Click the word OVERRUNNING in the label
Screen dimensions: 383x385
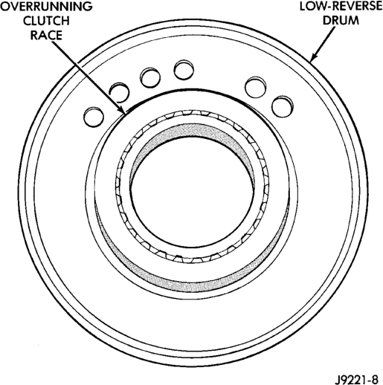pyautogui.click(x=46, y=7)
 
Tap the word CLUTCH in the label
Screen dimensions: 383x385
pyautogui.click(x=46, y=21)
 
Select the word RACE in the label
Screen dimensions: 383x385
pyautogui.click(x=46, y=35)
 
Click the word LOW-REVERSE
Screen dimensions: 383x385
pyautogui.click(x=341, y=6)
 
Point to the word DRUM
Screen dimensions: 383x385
pyautogui.click(x=341, y=20)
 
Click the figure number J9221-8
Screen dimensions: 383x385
pyautogui.click(x=356, y=379)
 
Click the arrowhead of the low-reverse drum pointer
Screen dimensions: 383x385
pyautogui.click(x=312, y=57)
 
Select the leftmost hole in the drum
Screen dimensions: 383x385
pyautogui.click(x=94, y=117)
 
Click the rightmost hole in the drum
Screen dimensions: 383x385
pyautogui.click(x=283, y=106)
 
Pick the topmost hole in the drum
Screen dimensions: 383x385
pyautogui.click(x=184, y=70)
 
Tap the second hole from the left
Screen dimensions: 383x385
pyautogui.click(x=120, y=92)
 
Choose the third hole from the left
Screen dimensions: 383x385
pyautogui.click(x=150, y=77)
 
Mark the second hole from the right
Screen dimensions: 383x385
pyautogui.click(x=256, y=87)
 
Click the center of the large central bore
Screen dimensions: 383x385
pyautogui.click(x=193, y=192)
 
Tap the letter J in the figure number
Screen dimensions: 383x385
pyautogui.click(x=337, y=379)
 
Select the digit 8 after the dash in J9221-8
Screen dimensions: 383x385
pyautogui.click(x=375, y=379)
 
